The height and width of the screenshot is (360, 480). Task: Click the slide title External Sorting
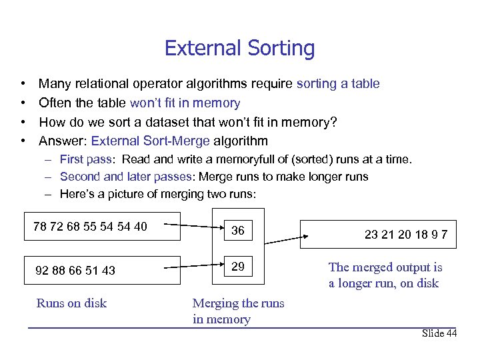click(239, 48)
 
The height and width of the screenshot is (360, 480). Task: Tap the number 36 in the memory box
click(238, 231)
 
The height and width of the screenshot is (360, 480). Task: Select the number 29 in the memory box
click(238, 266)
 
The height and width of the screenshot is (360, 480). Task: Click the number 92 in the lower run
click(42, 271)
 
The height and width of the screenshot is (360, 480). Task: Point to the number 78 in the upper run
click(41, 227)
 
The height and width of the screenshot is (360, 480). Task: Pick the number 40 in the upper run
click(140, 227)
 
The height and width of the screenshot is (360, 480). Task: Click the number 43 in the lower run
click(108, 271)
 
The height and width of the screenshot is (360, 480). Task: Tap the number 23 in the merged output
click(372, 235)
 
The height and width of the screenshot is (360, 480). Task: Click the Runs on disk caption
click(71, 303)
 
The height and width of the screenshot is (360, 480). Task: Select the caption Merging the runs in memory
click(238, 311)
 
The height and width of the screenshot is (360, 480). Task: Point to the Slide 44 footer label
click(439, 333)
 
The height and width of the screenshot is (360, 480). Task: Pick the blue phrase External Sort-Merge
click(151, 141)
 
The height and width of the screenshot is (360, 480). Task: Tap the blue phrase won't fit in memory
click(185, 103)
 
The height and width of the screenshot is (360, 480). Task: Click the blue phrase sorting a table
click(338, 83)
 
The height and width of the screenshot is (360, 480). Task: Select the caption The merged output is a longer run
click(385, 275)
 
